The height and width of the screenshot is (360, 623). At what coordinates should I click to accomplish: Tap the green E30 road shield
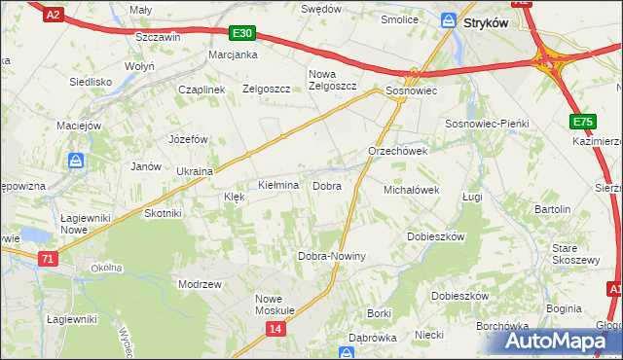point(243,33)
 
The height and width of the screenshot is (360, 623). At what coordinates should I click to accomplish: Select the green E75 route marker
point(583,122)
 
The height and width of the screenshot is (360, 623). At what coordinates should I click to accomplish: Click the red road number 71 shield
point(49,259)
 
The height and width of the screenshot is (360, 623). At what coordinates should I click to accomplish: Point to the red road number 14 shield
point(276,330)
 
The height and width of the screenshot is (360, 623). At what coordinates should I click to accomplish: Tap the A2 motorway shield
point(55,14)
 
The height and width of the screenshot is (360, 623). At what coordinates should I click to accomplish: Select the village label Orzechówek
point(397,152)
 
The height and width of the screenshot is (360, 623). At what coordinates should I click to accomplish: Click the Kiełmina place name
point(277,185)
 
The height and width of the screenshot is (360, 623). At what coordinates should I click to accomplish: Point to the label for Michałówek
point(413,191)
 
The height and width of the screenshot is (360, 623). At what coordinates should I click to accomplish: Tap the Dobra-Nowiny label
point(331,257)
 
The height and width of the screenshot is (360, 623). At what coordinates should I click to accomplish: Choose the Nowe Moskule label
point(275,305)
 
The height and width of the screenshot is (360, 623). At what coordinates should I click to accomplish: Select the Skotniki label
point(163,213)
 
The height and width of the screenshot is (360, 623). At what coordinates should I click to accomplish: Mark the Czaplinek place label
point(202,89)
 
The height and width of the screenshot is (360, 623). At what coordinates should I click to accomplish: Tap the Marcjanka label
point(233,55)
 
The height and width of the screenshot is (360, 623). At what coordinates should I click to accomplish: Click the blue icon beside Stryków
point(449,20)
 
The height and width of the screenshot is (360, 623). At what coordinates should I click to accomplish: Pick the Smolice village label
point(399,18)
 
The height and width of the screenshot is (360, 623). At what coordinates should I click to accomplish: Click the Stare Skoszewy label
point(574,254)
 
